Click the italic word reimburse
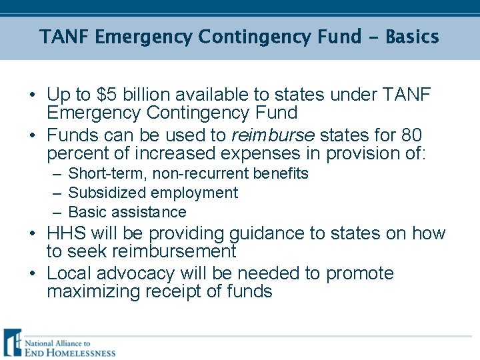(x=273, y=136)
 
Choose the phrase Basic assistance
(x=127, y=213)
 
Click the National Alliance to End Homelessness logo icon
(x=12, y=343)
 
